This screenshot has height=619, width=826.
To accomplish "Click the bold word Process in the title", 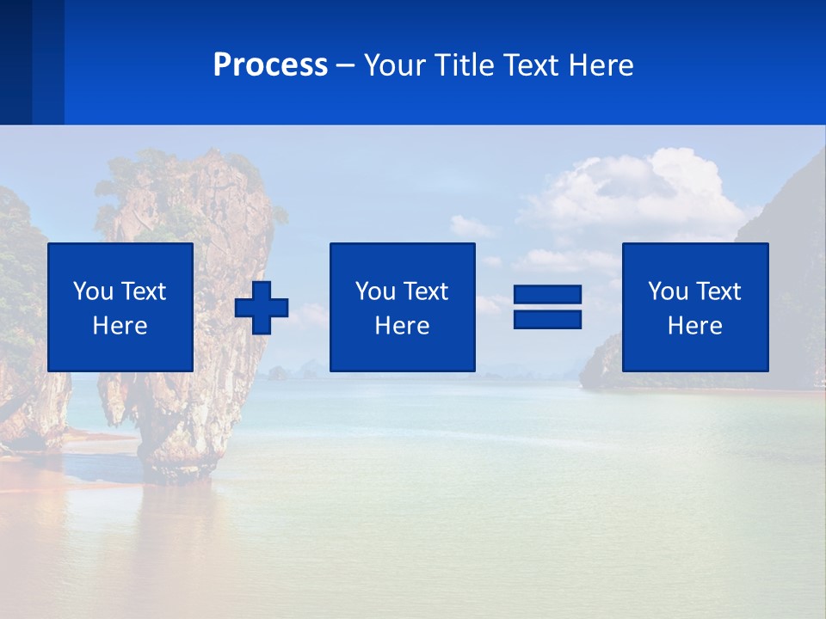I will (270, 65).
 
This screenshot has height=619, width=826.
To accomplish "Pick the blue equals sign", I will (547, 307).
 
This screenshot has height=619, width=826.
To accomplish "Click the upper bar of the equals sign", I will (547, 296).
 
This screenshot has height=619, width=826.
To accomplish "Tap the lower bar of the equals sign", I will (547, 319).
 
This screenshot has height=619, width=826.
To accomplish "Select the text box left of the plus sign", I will (120, 307).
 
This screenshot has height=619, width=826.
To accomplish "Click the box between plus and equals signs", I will (402, 307).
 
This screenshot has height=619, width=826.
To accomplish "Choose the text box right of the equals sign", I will (695, 307).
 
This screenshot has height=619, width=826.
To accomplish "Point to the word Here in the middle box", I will (402, 326).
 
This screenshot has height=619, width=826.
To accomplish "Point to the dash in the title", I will (346, 66).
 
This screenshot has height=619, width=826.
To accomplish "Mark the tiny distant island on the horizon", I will (277, 372).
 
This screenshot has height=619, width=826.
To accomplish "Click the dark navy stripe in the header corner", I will (15, 62).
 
